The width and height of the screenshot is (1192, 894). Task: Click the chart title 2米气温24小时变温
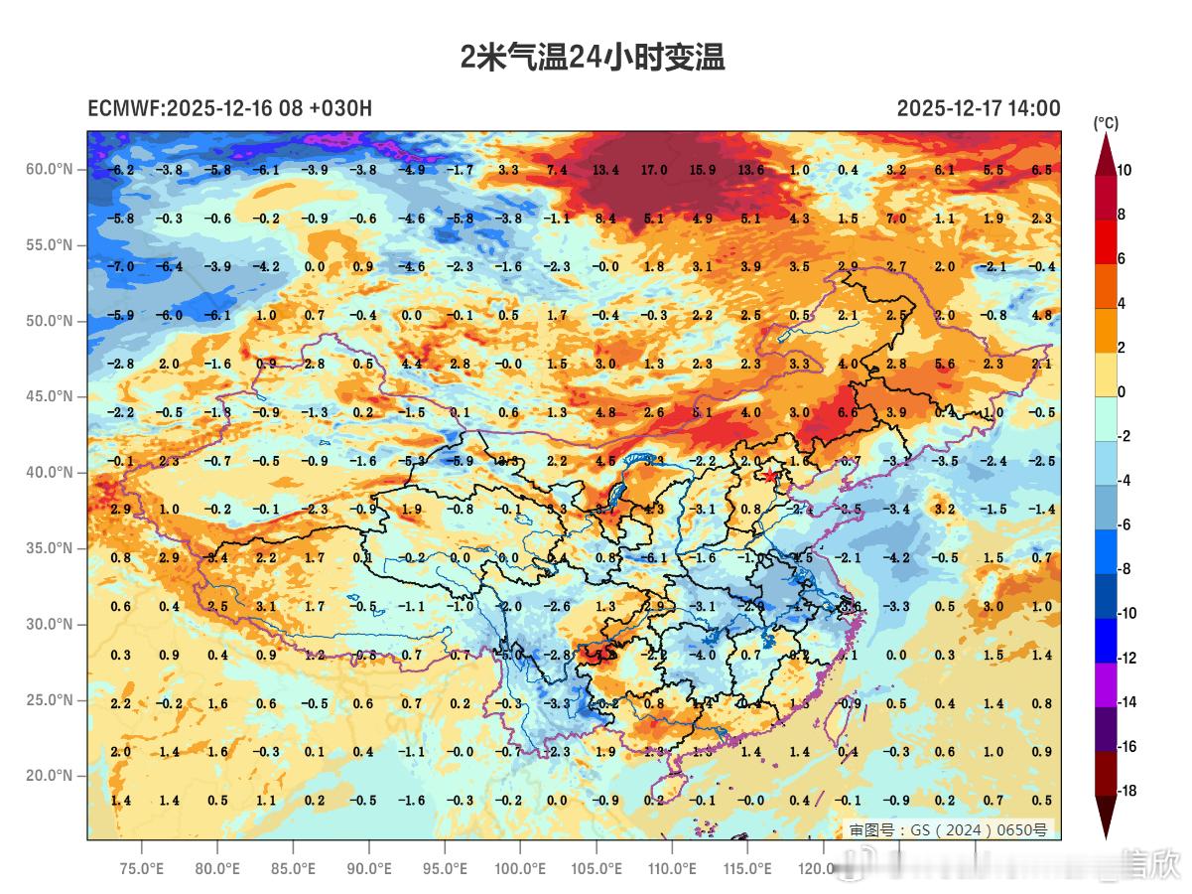click(x=593, y=58)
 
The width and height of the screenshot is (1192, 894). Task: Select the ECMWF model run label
click(x=229, y=108)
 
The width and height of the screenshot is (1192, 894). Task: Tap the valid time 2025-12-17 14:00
click(x=978, y=108)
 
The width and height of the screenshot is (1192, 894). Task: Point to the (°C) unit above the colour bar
click(x=1106, y=123)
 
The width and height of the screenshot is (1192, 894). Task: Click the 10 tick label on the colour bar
click(x=1124, y=170)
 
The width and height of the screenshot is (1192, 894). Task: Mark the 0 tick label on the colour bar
click(x=1122, y=391)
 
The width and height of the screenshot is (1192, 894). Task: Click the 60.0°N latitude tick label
click(x=50, y=169)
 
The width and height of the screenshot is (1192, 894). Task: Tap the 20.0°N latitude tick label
click(x=50, y=776)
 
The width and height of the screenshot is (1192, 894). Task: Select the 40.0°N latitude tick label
click(x=50, y=472)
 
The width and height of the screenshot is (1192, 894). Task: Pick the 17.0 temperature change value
click(x=654, y=170)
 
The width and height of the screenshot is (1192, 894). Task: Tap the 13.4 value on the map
click(x=605, y=170)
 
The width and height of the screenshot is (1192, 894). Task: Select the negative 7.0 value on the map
click(x=120, y=267)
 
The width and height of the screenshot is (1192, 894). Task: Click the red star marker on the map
click(x=771, y=477)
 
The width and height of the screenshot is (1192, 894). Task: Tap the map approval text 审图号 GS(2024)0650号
click(x=947, y=829)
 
